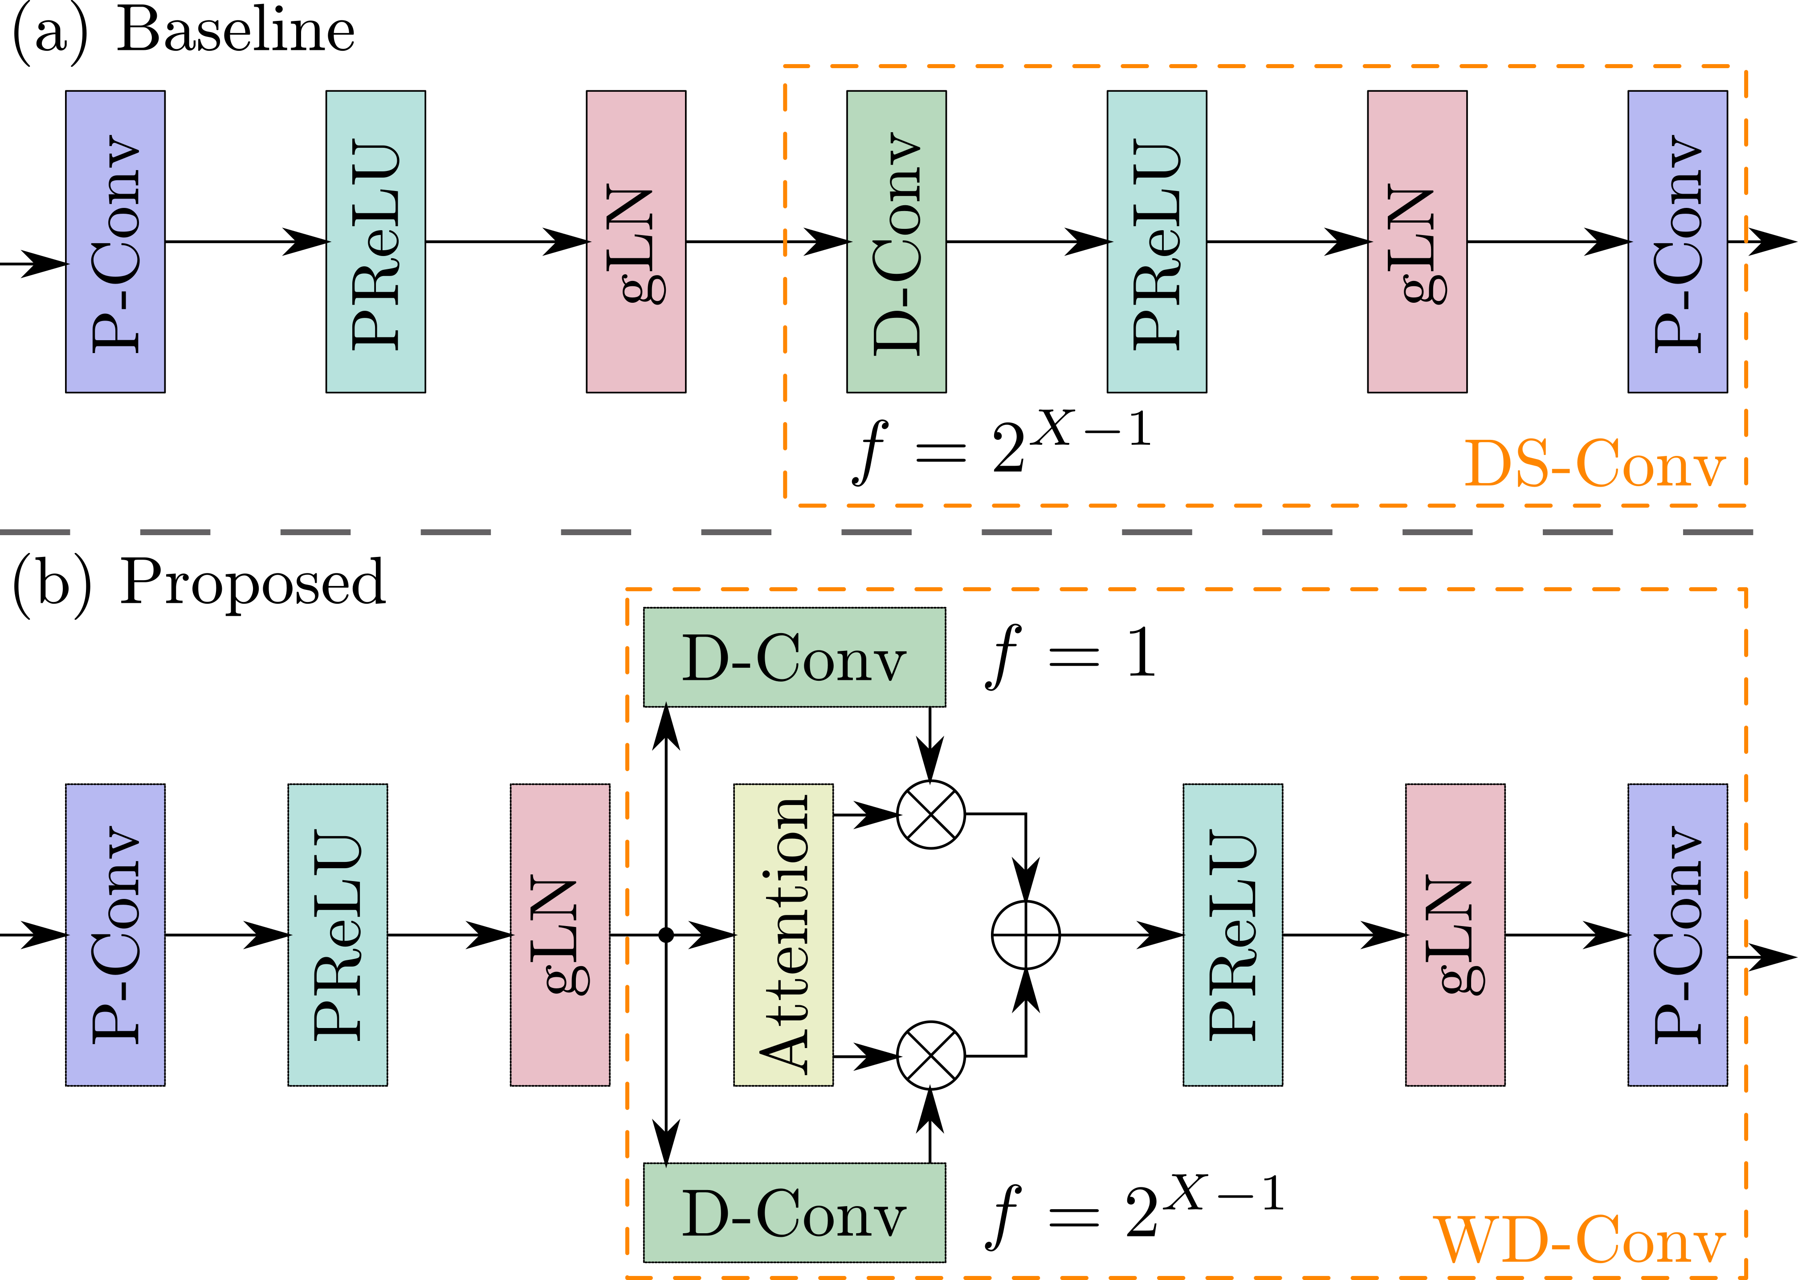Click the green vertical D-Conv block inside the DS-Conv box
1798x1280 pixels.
coord(896,241)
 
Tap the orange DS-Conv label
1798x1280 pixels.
coord(1594,464)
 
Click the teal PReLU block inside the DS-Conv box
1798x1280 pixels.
coord(1156,241)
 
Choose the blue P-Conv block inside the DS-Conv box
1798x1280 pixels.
coord(1677,241)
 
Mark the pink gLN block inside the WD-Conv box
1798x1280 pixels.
coord(1455,935)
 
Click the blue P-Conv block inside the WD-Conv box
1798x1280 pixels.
coord(1677,935)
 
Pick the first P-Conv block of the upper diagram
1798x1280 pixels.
coord(115,241)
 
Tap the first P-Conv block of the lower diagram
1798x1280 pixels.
coord(115,935)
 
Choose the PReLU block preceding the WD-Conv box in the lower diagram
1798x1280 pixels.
coord(337,935)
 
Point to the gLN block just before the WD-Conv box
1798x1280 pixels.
coord(560,935)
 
